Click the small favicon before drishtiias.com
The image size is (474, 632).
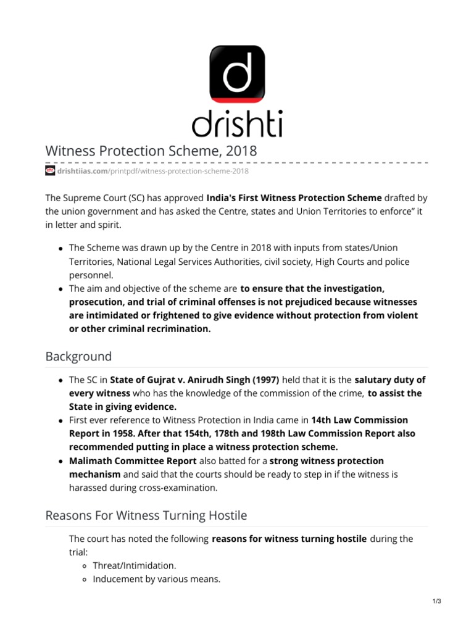coord(51,171)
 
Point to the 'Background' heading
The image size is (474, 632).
coord(79,356)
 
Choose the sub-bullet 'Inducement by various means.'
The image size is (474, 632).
coord(157,579)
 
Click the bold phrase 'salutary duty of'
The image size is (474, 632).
coord(390,380)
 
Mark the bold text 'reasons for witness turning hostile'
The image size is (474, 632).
coord(289,539)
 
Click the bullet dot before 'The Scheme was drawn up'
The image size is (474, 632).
coord(60,248)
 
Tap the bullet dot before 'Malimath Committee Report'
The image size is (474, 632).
coord(60,462)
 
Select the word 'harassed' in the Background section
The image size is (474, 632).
coord(88,487)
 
